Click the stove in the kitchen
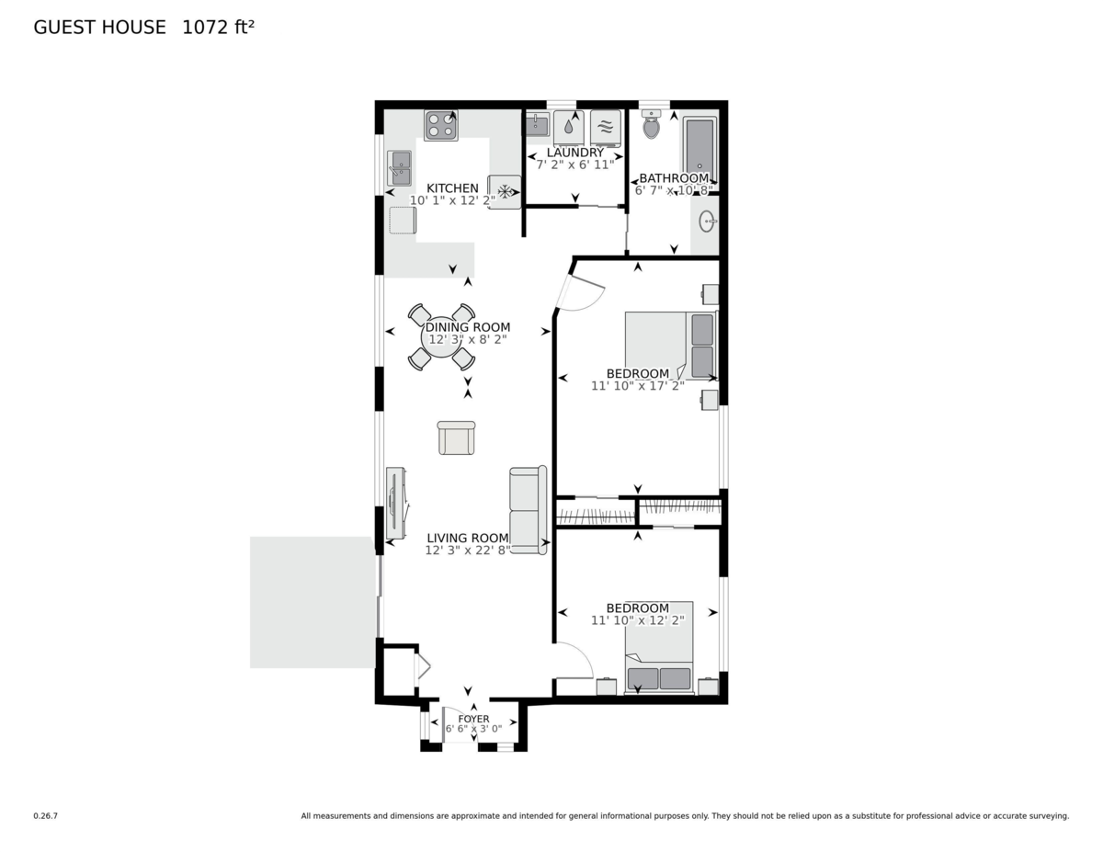pyautogui.click(x=440, y=125)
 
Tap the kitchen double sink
pyautogui.click(x=400, y=168)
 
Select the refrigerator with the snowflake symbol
pyautogui.click(x=505, y=192)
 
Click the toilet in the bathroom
pyautogui.click(x=651, y=124)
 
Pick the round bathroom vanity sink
pyautogui.click(x=707, y=222)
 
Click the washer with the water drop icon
pyautogui.click(x=569, y=128)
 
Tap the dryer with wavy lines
pyautogui.click(x=606, y=129)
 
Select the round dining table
pyautogui.click(x=441, y=337)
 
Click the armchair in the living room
pyautogui.click(x=456, y=437)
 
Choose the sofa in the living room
pyautogui.click(x=528, y=510)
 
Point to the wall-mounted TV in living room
pyautogui.click(x=396, y=504)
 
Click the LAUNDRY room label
pyautogui.click(x=575, y=153)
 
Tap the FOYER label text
pyautogui.click(x=473, y=719)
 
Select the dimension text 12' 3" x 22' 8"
pyautogui.click(x=468, y=550)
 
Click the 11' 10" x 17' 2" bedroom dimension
pyautogui.click(x=638, y=386)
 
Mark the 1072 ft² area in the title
pyautogui.click(x=218, y=27)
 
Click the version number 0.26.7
pyautogui.click(x=46, y=816)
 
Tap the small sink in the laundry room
pyautogui.click(x=537, y=125)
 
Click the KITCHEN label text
pyautogui.click(x=452, y=188)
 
